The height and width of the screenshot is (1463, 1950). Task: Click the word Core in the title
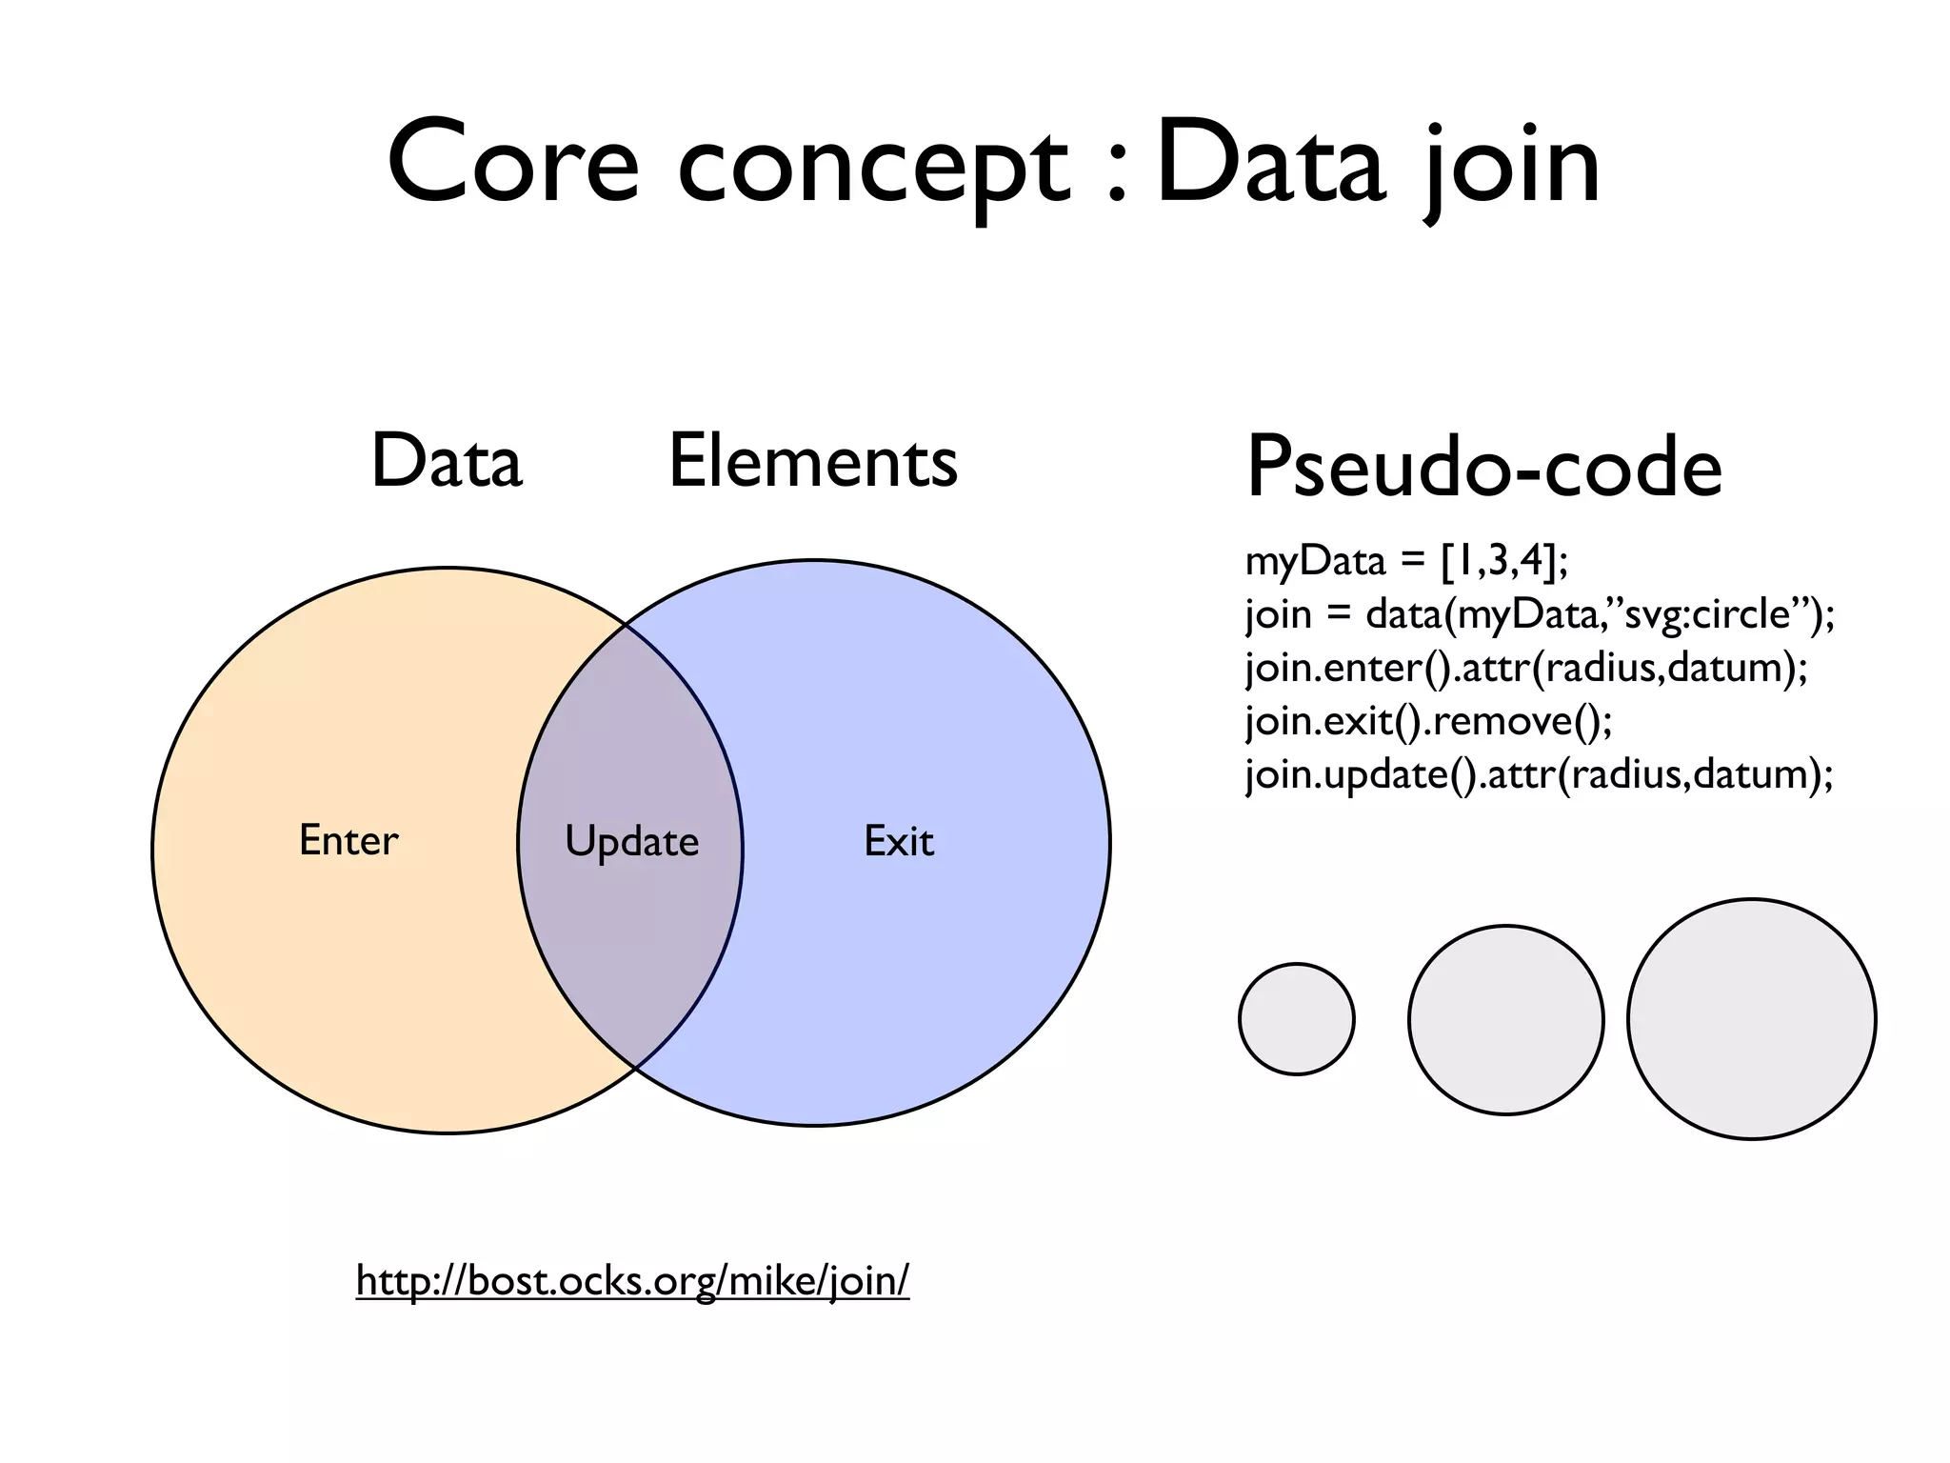point(513,164)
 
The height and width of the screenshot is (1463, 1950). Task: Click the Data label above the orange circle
point(447,461)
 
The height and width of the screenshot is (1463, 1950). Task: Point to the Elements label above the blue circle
point(813,461)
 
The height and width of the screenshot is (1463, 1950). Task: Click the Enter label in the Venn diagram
point(348,840)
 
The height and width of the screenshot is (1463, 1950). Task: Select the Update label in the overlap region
point(631,842)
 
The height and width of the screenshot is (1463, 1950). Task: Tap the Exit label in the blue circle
point(898,841)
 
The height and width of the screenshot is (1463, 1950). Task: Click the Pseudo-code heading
point(1483,467)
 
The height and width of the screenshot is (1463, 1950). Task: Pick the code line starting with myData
point(1406,561)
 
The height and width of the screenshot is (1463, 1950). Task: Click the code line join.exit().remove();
point(1429,720)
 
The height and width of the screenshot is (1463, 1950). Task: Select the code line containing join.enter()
point(1526,667)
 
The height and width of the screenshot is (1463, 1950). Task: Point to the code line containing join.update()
point(1539,773)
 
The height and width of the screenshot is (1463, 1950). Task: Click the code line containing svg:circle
point(1540,613)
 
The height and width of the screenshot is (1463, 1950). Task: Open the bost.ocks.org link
point(632,1280)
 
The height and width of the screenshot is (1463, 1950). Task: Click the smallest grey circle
point(1296,1019)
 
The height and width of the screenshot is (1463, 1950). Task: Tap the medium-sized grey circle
point(1505,1020)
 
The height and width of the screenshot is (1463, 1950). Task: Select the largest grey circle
point(1751,1019)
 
